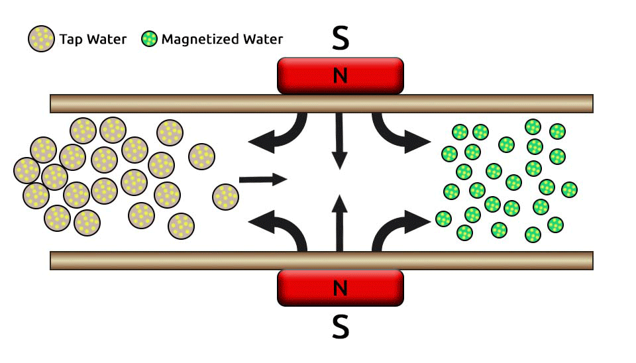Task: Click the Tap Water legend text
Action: [93, 40]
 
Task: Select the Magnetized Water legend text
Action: [222, 39]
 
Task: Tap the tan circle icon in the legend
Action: [41, 39]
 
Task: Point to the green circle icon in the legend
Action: [150, 39]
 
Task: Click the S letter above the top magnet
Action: [340, 40]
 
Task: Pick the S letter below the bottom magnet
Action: [340, 327]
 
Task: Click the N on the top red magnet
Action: [340, 76]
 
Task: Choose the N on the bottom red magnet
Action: [340, 288]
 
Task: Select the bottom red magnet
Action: [298, 288]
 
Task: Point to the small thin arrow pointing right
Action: [262, 179]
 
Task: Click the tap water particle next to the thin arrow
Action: [226, 197]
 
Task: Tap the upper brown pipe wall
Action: [166, 103]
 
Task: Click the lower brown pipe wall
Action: [166, 260]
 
